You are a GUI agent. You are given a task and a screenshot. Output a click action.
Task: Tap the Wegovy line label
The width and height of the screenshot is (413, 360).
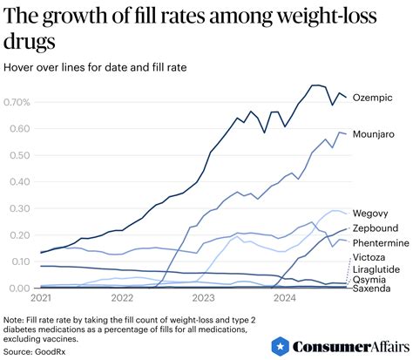click(x=370, y=213)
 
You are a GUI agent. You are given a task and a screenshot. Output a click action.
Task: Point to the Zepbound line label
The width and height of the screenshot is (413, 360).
click(x=375, y=228)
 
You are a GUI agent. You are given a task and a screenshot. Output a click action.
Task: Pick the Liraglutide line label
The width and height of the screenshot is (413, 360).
click(x=376, y=269)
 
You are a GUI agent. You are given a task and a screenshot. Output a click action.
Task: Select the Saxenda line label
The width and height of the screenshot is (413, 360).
click(x=371, y=289)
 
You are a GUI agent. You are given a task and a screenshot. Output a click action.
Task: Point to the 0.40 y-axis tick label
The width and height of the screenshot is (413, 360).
click(x=17, y=182)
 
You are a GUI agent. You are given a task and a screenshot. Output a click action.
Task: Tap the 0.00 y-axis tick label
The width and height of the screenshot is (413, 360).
click(x=17, y=289)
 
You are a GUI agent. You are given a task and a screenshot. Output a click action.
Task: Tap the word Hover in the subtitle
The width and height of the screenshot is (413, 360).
click(x=21, y=67)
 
